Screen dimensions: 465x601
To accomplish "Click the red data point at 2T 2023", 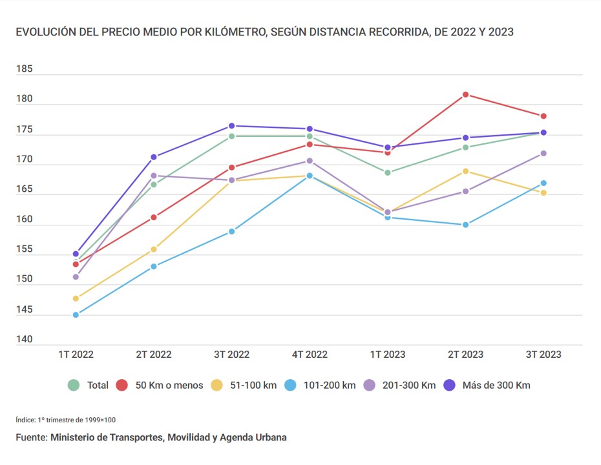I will (465, 95).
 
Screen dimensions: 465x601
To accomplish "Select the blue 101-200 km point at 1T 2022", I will (76, 315).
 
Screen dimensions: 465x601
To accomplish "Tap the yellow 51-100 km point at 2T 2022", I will (154, 249).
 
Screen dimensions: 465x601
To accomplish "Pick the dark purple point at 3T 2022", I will (231, 126).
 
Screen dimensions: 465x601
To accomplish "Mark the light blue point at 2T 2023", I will (465, 225).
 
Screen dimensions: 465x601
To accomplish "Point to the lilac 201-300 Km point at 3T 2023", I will (543, 153).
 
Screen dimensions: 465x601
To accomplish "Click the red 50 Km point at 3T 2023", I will (543, 116).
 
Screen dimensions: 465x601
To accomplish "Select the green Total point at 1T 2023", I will (388, 172).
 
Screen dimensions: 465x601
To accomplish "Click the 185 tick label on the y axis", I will (25, 69).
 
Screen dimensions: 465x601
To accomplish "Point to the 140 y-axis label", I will (25, 340).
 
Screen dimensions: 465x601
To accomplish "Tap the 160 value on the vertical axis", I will (25, 220).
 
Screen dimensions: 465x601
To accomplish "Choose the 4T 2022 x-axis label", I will (310, 355).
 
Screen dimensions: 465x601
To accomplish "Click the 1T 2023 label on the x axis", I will (387, 355).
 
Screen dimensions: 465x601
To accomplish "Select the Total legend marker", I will (74, 386).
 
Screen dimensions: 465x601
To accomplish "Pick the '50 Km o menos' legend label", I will (169, 386).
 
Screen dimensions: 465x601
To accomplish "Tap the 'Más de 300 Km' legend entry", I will (496, 386).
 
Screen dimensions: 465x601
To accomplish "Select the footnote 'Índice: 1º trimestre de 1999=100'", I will (66, 420).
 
